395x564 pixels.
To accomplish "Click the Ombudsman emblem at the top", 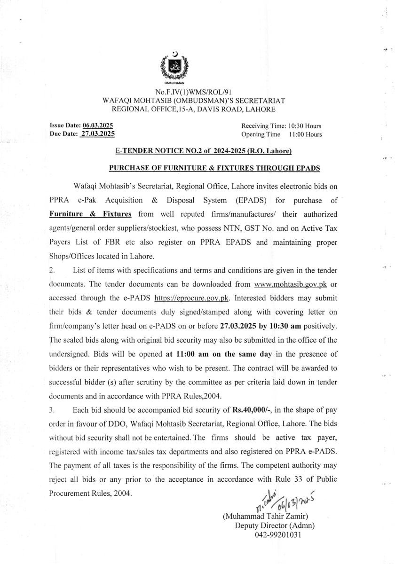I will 174,67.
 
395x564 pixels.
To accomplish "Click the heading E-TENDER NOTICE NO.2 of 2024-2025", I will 204,151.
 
